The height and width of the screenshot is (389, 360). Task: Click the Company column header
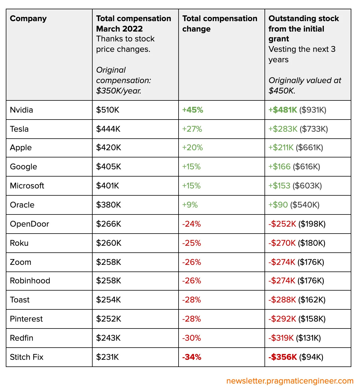coord(28,19)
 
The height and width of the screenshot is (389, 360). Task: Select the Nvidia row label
coord(21,110)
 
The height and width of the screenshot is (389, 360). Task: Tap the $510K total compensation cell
coord(108,110)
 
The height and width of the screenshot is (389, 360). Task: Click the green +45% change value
coord(192,110)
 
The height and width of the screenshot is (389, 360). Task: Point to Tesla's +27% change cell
coord(192,129)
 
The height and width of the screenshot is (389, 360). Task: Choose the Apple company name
coord(21,148)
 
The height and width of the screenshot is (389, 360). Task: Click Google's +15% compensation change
coord(191,167)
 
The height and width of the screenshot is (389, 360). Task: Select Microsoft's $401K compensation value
coord(108,186)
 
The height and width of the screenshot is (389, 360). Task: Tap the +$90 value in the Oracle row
coord(278,205)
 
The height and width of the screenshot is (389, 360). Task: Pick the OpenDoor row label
coord(30,224)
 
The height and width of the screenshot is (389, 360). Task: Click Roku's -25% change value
coord(192,243)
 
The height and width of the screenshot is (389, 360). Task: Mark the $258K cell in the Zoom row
coord(109,262)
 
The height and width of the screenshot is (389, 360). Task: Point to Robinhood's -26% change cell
coord(192,281)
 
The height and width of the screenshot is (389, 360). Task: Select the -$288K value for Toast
coord(282,300)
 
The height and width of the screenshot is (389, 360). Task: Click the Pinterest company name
coord(26,319)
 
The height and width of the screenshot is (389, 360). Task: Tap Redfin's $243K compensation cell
coord(108,338)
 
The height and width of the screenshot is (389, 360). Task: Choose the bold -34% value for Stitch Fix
coord(192,357)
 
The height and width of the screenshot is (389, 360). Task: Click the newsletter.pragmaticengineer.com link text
coord(290,381)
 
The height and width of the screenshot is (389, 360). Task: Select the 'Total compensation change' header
coord(219,23)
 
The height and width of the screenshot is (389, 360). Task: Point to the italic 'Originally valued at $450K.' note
coord(304,85)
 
